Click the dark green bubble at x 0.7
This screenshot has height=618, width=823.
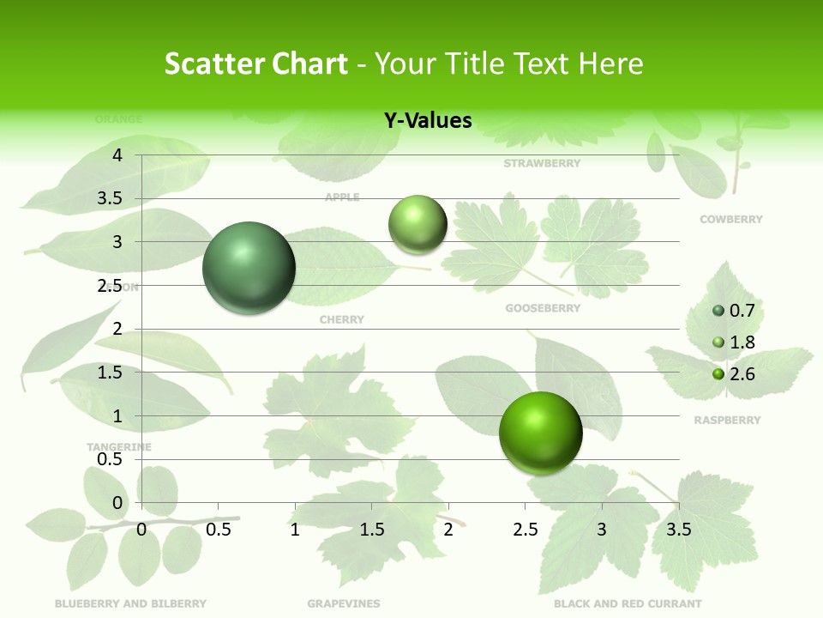coord(249,268)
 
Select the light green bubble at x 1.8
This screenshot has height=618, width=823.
coord(418,225)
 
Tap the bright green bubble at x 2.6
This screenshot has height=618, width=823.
coord(540,433)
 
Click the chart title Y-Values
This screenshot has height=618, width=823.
coord(427,121)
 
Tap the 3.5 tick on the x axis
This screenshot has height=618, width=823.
coord(678,530)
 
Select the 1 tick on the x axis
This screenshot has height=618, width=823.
coord(295,530)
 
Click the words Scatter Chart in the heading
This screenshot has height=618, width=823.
coord(255,64)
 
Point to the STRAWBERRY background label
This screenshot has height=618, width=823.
coord(542,163)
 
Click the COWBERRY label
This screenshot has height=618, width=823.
coord(730,220)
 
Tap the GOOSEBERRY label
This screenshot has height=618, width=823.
coord(543,308)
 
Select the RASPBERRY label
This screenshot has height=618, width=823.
coord(727,421)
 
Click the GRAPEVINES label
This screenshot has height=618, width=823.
coord(343,603)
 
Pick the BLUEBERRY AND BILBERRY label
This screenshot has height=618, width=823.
coord(130,603)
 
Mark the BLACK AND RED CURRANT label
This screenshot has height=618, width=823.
coord(628,603)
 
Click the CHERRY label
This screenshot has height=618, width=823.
coord(341,320)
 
